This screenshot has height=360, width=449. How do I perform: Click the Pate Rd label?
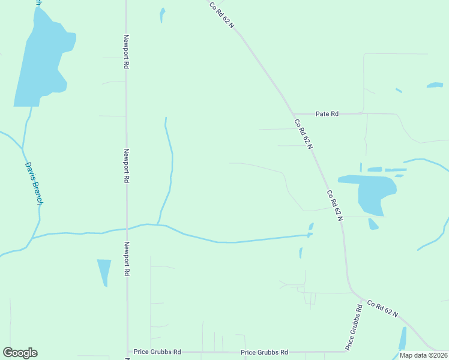tap(327, 113)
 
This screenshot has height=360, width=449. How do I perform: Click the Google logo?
tap(20, 353)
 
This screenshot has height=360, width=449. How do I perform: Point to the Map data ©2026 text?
tap(423, 355)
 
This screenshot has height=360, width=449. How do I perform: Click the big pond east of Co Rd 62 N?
tap(369, 191)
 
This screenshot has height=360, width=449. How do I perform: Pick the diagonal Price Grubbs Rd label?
tap(354, 328)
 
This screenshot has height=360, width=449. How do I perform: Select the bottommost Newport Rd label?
tap(127, 259)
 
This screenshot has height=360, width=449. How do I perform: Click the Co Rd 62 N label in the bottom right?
tap(384, 309)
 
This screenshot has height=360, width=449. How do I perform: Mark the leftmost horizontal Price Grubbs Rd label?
tap(157, 352)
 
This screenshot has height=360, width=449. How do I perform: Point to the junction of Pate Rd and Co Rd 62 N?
tap(293, 113)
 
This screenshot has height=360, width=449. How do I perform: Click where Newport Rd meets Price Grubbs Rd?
tap(127, 352)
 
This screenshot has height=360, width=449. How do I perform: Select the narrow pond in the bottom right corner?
tap(402, 339)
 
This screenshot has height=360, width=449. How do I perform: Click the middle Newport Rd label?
tap(127, 166)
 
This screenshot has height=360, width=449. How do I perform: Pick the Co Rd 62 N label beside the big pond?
tap(334, 205)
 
